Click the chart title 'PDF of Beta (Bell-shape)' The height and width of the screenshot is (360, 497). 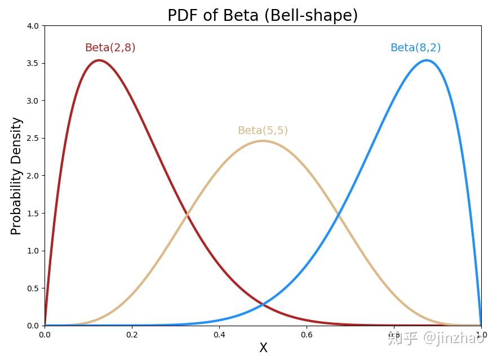pyautogui.click(x=263, y=15)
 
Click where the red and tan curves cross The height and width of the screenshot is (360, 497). pyautogui.click(x=187, y=215)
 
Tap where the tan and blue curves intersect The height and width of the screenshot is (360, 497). pyautogui.click(x=338, y=215)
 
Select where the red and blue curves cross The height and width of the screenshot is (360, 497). pyautogui.click(x=263, y=305)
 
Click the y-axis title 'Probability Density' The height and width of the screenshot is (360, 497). pyautogui.click(x=16, y=176)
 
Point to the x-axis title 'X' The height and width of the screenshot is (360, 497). pyautogui.click(x=263, y=348)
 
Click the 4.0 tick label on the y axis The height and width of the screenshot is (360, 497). pyautogui.click(x=33, y=26)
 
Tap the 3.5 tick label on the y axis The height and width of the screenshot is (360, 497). pyautogui.click(x=33, y=63)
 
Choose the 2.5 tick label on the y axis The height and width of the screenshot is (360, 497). pyautogui.click(x=33, y=138)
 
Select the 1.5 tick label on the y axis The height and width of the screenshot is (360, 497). pyautogui.click(x=33, y=213)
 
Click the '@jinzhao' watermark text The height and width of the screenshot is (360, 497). pyautogui.click(x=453, y=338)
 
